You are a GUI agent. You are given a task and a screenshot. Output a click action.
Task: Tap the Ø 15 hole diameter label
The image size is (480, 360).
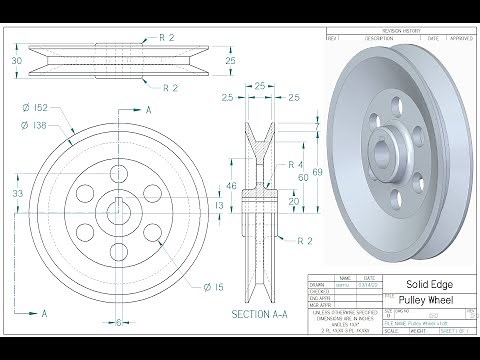click(x=212, y=287)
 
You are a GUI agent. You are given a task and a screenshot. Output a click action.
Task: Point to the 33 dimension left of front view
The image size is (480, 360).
click(x=18, y=192)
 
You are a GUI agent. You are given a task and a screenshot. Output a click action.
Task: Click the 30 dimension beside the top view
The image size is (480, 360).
click(x=16, y=61)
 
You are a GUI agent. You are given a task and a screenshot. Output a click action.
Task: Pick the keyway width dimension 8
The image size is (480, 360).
click(x=118, y=322)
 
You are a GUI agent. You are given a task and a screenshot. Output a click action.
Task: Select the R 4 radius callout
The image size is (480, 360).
click(x=295, y=164)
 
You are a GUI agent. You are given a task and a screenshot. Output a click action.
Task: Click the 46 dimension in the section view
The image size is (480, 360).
click(x=232, y=186)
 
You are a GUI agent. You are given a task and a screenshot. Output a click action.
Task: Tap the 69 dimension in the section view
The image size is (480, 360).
click(x=318, y=173)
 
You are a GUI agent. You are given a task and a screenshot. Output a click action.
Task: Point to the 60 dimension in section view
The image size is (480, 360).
click(x=304, y=178)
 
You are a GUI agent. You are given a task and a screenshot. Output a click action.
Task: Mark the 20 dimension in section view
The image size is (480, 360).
click(x=293, y=200)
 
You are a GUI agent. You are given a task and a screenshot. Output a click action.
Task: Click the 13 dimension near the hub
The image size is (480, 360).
click(x=220, y=205)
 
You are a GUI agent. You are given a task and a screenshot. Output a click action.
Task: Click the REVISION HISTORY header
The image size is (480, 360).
click(x=400, y=32)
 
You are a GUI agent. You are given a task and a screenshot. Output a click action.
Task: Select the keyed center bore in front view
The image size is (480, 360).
click(x=118, y=212)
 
